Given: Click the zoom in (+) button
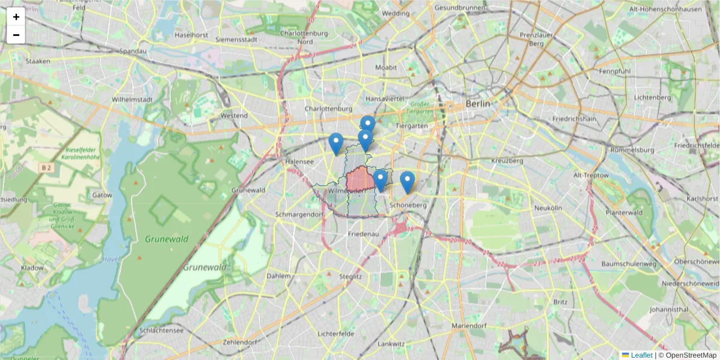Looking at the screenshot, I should tap(16, 17).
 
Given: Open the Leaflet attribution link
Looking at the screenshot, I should tap(641, 355).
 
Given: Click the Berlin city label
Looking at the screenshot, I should tap(478, 104).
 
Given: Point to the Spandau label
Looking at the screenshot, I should tap(133, 52).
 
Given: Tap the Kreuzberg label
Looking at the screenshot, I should tap(507, 161).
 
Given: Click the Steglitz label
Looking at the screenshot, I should tap(350, 277).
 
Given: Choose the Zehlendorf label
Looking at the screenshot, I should tap(239, 342).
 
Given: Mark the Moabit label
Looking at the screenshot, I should tap(386, 68).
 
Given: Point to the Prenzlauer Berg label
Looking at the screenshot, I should tap(532, 39).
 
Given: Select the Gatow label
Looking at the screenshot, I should tap(102, 195).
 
